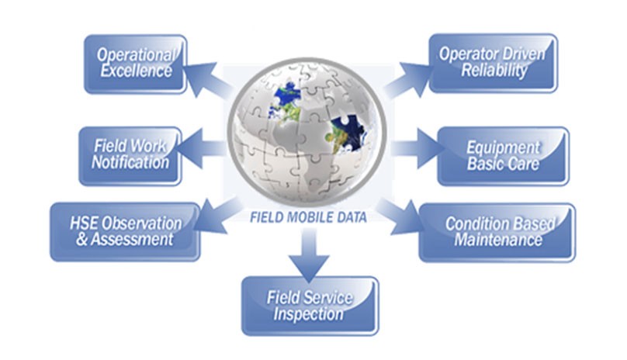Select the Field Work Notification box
click(130, 155)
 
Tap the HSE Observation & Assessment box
click(124, 231)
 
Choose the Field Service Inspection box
click(310, 306)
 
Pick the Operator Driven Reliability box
click(492, 63)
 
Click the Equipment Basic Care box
click(503, 156)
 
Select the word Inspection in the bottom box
click(308, 314)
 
